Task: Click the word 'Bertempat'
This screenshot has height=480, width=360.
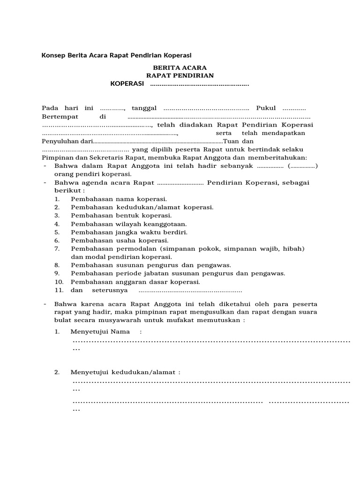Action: point(58,117)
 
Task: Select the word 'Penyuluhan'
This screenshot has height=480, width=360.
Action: point(60,142)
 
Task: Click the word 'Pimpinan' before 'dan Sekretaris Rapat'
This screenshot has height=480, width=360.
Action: point(55,158)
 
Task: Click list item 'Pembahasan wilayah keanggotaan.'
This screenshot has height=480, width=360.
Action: point(128,224)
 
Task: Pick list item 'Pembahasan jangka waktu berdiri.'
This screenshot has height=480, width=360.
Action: point(129,232)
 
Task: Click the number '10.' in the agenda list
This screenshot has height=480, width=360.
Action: point(59,282)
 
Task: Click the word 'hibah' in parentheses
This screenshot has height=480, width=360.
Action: point(294,248)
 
